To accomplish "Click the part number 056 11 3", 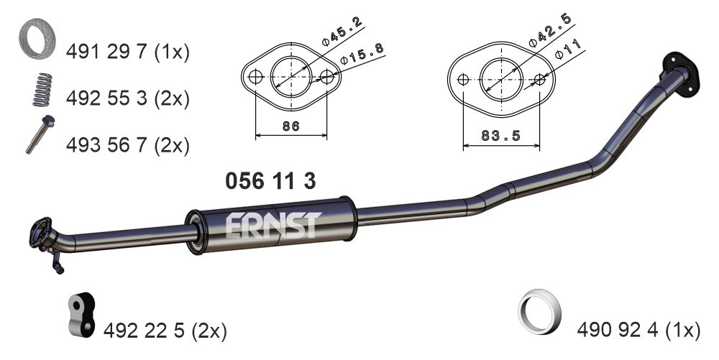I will click(270, 181).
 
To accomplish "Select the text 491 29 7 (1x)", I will click(127, 52).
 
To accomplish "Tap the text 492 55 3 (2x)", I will click(127, 98).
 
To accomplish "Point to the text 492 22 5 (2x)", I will click(165, 331).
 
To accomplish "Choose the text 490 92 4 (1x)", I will click(638, 331).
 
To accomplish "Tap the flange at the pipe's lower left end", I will click(41, 235).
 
